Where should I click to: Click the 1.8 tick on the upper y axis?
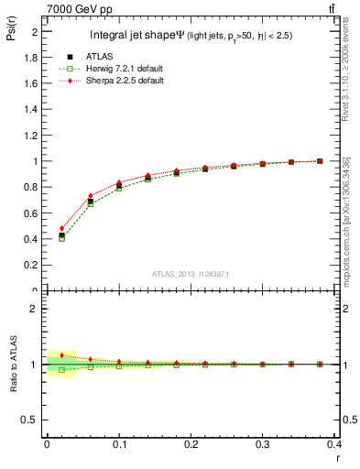33,57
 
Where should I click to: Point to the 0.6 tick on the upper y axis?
33,213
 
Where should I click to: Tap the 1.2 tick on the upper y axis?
33,135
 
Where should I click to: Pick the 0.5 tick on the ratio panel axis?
33,420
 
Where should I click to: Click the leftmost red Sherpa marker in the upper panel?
61,229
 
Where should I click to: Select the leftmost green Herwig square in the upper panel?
61,238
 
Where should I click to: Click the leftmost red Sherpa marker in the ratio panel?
61,355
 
